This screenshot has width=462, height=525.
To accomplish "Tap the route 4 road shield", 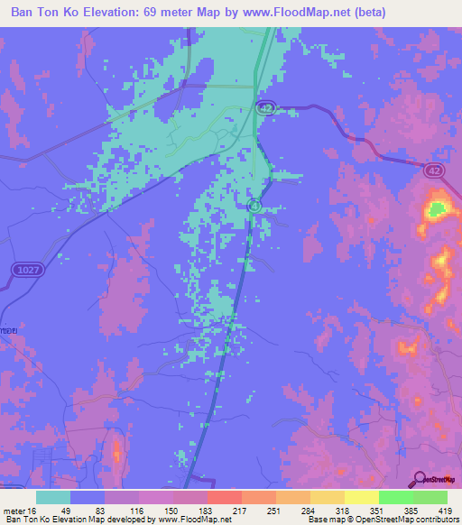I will click(x=254, y=206).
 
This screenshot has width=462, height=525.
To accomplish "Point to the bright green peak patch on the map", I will click(x=437, y=211).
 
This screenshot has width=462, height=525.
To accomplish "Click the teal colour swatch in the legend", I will click(x=53, y=498).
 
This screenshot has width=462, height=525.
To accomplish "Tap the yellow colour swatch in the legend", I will click(x=362, y=498).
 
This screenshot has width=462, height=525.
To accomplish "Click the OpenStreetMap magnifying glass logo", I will click(x=418, y=479).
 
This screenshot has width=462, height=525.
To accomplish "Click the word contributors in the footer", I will click(x=438, y=519).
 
